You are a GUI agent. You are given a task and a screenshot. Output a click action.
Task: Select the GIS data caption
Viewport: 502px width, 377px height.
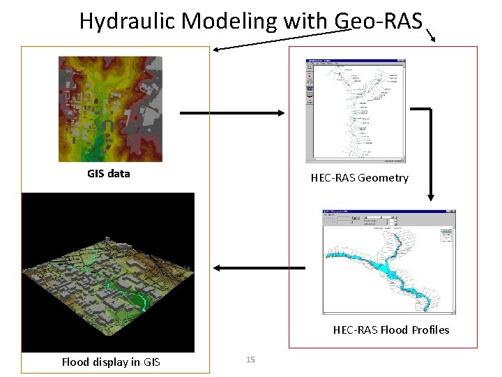coord(108,173)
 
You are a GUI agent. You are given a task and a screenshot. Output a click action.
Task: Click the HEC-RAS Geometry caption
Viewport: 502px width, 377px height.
coord(359,177)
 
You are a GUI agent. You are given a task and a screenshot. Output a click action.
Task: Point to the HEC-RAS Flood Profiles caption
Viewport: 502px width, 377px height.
coord(390,330)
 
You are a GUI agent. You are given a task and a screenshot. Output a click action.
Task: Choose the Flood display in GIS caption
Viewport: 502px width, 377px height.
coord(110,362)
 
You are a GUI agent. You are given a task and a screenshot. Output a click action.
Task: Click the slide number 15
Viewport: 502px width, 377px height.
coord(250,360)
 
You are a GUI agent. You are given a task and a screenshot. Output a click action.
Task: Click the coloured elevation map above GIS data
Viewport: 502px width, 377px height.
coord(110,108)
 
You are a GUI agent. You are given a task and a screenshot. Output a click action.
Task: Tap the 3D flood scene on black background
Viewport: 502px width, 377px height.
coord(108,272)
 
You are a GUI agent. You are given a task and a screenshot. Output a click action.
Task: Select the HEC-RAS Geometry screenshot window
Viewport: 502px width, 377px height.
coord(356,110)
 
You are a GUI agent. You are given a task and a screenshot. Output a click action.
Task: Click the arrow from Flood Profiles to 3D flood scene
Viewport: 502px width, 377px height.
coord(259,268)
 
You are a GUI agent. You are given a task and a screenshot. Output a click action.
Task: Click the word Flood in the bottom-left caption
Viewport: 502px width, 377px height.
coord(75,362)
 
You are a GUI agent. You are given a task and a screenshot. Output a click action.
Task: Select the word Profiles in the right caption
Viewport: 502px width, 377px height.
coord(430,330)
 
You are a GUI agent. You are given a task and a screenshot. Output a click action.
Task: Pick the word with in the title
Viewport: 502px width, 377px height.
coord(304,21)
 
